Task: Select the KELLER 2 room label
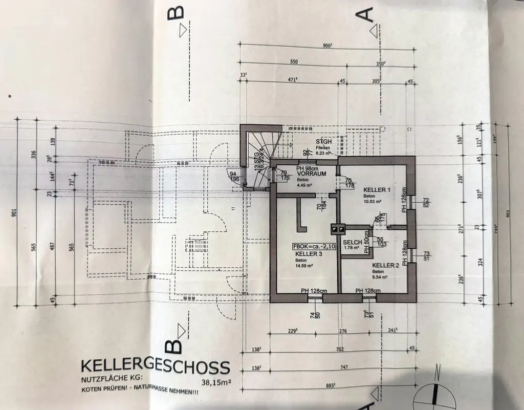point(385,265)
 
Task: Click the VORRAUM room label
point(311,174)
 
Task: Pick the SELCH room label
point(353,242)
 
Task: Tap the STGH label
point(324,141)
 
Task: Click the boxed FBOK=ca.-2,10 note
point(314,246)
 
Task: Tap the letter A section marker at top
point(369,16)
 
